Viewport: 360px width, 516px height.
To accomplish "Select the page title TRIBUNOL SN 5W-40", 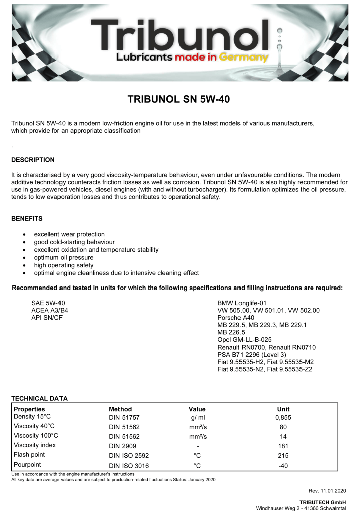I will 179,99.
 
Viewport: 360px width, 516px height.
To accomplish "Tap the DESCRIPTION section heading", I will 33,160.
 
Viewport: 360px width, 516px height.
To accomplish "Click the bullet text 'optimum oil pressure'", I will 64,257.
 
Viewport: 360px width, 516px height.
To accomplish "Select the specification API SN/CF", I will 47,318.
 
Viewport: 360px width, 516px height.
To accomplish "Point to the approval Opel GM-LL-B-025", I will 246,340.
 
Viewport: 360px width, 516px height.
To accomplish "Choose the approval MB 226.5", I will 230,333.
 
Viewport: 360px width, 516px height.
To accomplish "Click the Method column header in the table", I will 120,409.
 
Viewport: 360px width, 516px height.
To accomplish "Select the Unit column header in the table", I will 283,409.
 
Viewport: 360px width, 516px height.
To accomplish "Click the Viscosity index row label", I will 35,445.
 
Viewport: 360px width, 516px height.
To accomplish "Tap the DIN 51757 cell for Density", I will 123,418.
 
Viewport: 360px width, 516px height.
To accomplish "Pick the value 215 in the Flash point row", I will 283,455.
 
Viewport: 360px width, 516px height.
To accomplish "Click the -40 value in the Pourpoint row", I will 283,465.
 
